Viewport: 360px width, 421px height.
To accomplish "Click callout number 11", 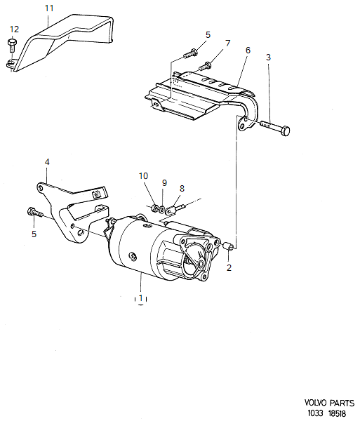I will [48, 8].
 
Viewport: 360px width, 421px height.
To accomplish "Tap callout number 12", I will [14, 29].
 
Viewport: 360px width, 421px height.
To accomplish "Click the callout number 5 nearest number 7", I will [208, 34].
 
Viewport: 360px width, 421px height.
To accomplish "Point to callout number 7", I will [227, 44].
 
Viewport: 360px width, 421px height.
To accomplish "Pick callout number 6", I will [248, 51].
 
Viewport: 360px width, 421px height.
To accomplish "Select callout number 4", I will [47, 162].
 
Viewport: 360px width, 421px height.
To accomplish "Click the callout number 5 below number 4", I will [32, 234].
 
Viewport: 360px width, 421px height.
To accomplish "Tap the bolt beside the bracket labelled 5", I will [34, 211].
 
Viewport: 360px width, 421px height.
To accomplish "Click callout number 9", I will [164, 183].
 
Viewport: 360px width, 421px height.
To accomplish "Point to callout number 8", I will [182, 188].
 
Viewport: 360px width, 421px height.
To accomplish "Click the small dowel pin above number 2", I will [229, 247].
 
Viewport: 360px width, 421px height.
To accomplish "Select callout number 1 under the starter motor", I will [141, 298].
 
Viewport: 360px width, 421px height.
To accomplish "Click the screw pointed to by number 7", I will [206, 66].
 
